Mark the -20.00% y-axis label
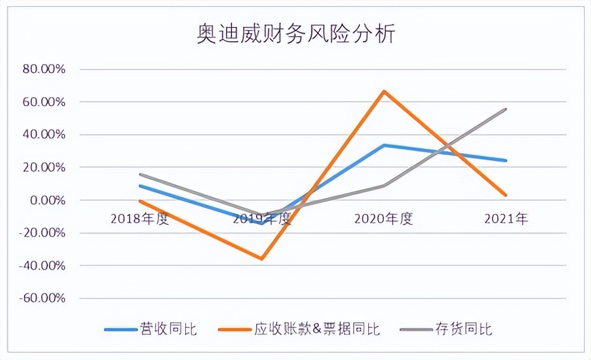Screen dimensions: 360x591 coord(43,233)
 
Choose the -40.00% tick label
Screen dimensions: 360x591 coord(43,266)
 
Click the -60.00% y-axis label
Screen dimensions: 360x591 coord(43,298)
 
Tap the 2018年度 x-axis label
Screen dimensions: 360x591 coord(140,219)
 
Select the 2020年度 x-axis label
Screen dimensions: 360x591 coord(384,219)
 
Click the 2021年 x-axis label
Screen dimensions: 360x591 coord(506,219)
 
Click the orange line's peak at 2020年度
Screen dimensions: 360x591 coord(384,91)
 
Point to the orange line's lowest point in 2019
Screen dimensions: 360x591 coord(262,259)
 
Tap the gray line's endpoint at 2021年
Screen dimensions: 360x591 coord(506,109)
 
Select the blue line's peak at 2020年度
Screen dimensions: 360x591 coord(384,145)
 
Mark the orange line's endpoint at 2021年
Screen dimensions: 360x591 coord(506,195)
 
